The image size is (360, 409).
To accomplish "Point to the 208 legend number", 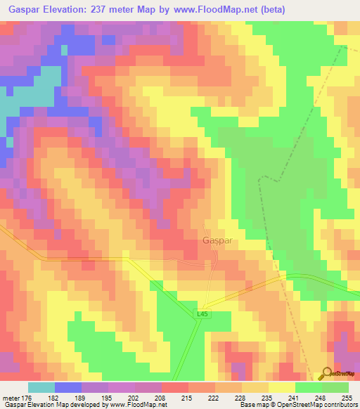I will tap(161, 398).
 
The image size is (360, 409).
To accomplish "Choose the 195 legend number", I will tap(107, 398).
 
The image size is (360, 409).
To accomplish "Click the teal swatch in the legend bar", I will tap(41, 387).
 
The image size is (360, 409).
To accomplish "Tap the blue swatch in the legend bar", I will tap(68, 387).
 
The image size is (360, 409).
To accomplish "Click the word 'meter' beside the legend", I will tap(10, 398).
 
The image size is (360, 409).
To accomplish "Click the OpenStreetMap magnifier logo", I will tap(326, 372).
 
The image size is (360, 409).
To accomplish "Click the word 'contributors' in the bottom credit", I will tap(338, 405).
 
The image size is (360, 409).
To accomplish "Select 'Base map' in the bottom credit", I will tap(250, 405).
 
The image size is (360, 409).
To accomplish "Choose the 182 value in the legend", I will tap(53, 398).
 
